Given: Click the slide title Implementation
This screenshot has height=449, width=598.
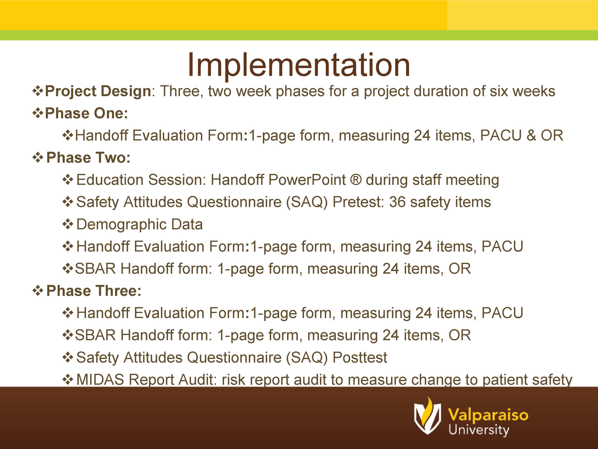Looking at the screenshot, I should (x=299, y=65).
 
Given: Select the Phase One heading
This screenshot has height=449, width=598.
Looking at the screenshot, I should (x=86, y=113).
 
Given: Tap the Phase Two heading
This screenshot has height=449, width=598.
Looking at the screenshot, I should (x=88, y=158).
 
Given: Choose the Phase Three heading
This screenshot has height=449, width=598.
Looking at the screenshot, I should (x=94, y=291).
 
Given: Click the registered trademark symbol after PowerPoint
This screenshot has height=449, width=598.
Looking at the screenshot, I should (x=356, y=180).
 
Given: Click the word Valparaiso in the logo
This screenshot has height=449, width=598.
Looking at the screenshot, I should (x=488, y=415).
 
